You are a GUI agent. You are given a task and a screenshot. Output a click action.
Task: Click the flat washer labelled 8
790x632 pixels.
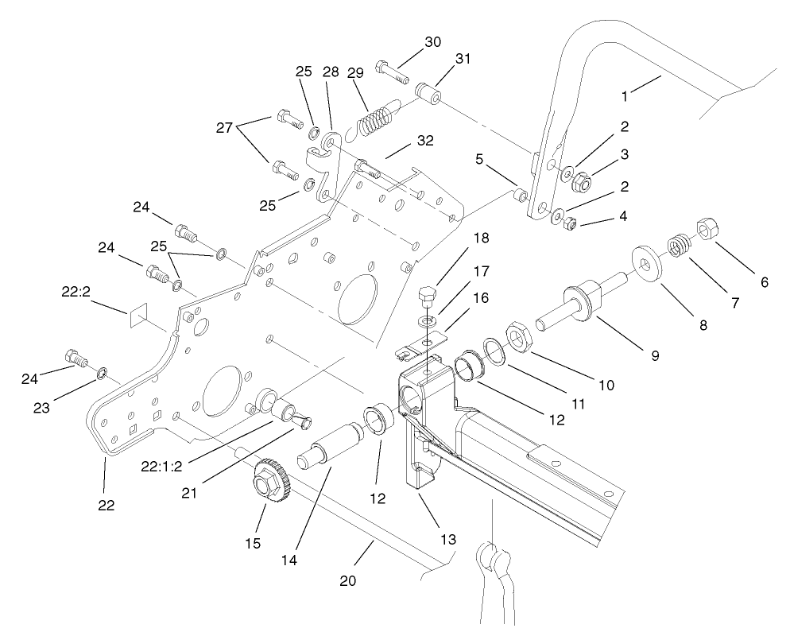[647, 262]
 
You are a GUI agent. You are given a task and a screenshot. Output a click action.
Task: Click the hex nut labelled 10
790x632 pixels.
[521, 337]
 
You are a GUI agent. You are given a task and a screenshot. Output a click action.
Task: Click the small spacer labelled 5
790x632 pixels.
[521, 196]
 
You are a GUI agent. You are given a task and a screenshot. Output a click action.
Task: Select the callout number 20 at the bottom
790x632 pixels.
[348, 580]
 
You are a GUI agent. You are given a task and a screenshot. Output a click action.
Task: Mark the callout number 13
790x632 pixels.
[449, 540]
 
